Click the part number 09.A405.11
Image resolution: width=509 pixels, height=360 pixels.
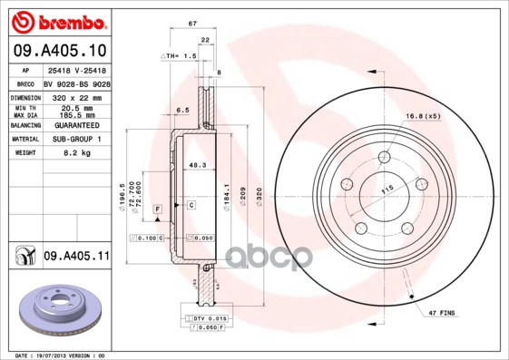[75, 257]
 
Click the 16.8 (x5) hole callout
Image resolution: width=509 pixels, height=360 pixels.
[424, 115]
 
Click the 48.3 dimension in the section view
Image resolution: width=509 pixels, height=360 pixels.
[195, 164]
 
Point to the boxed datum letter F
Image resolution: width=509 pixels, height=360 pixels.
[158, 209]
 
